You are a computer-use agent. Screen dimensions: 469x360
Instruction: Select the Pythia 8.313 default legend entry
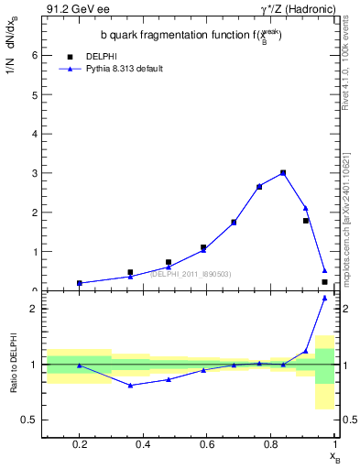pos(124,69)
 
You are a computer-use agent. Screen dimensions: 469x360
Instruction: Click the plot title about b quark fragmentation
pos(191,36)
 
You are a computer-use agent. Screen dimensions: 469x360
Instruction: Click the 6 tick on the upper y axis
pos(35,55)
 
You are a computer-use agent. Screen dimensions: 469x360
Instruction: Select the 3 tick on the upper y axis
pos(35,172)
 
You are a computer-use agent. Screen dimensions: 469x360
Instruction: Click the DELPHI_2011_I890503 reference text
pos(191,274)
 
